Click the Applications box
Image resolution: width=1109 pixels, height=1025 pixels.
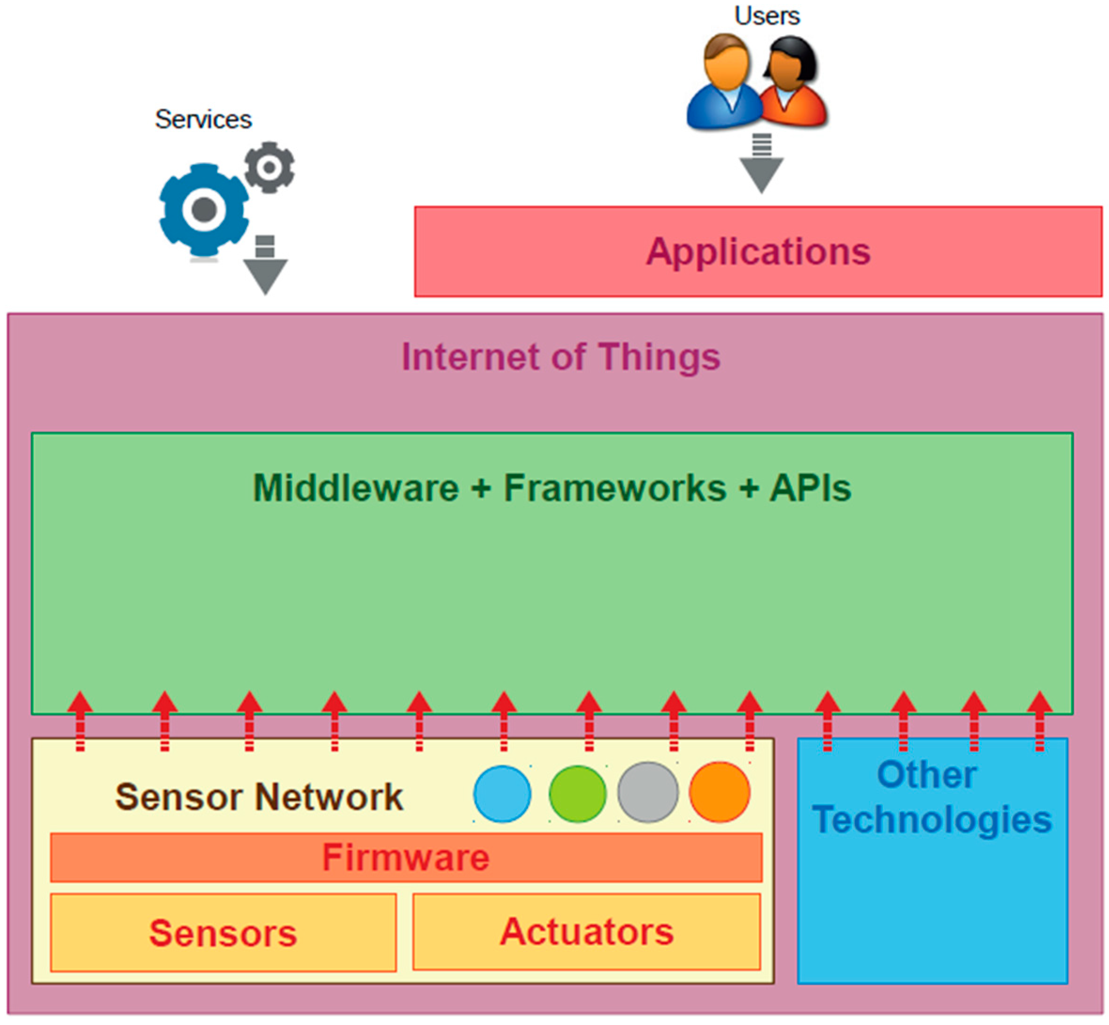758,252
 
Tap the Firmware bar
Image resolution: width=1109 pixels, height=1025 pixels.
406,857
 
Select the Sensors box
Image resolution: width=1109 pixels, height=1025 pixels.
223,932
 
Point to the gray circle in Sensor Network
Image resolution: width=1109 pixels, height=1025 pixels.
648,792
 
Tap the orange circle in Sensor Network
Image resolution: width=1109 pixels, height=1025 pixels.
719,792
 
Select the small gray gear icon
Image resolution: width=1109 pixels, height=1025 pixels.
270,167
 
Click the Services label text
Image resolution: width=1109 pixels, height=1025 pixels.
203,119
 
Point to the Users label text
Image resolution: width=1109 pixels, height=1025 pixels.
767,16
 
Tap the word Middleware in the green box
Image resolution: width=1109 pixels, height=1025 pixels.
356,488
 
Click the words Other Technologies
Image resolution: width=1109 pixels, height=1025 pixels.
931,797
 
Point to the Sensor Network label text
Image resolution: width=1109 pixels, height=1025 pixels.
259,797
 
